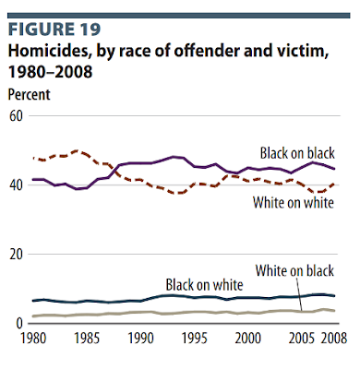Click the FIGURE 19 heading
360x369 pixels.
click(x=54, y=30)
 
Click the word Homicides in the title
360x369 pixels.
click(x=50, y=51)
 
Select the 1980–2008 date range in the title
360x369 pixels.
click(x=50, y=72)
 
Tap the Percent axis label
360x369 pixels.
click(x=29, y=94)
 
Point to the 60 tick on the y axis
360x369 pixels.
click(x=16, y=116)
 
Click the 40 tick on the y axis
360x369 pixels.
click(x=16, y=185)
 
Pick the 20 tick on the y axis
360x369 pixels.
click(x=16, y=255)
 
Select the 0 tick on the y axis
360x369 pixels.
click(x=19, y=324)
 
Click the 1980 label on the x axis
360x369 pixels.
click(x=33, y=339)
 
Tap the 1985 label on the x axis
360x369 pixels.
click(x=87, y=339)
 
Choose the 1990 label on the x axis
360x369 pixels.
click(x=140, y=339)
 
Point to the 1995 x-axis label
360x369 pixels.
click(x=194, y=339)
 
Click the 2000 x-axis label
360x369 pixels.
click(x=248, y=339)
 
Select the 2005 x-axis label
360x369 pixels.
click(x=302, y=339)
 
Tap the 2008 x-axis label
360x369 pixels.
click(x=334, y=339)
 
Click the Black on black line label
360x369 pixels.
click(x=297, y=153)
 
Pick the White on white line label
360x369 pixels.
click(x=294, y=203)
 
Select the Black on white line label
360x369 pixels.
click(x=205, y=285)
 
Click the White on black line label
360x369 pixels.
click(x=294, y=270)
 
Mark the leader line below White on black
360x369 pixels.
click(x=299, y=294)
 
